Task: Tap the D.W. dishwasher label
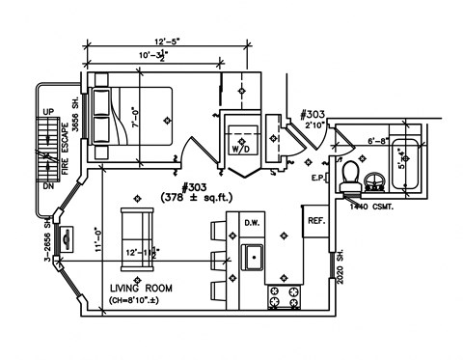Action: [x=254, y=223]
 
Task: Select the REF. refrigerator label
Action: [x=316, y=221]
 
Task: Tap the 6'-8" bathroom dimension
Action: [x=380, y=141]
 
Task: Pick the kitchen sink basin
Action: [x=254, y=258]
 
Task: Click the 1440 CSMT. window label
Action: [x=371, y=207]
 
